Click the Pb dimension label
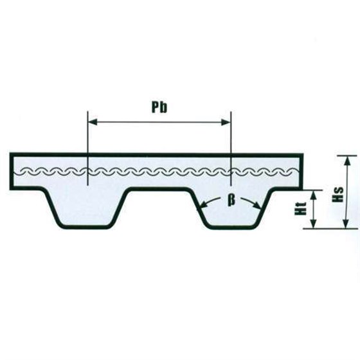click(x=159, y=107)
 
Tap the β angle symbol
click(x=231, y=200)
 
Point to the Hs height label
click(x=338, y=195)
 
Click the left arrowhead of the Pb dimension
click(x=93, y=122)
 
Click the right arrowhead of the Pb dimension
click(x=226, y=122)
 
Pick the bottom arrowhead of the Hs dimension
click(x=346, y=223)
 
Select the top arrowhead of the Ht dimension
click(x=314, y=195)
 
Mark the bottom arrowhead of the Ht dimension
click(x=314, y=224)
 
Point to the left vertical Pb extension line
click(x=87, y=148)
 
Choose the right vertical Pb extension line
click(x=231, y=148)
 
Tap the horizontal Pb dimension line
click(x=159, y=122)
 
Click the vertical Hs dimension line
click(x=346, y=192)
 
